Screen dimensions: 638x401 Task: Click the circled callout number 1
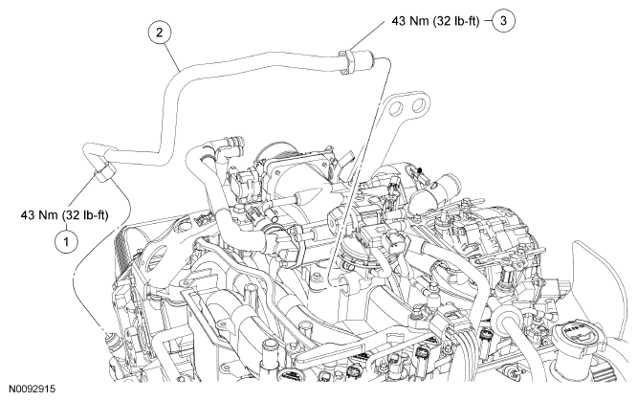[x=66, y=242]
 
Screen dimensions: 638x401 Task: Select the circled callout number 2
[x=159, y=33]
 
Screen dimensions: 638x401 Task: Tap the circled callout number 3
[x=503, y=21]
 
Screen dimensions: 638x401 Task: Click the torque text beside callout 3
[x=435, y=21]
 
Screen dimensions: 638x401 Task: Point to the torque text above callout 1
[x=65, y=214]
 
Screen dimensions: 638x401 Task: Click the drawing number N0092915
[x=32, y=390]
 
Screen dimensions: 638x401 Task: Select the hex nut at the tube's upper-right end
[x=347, y=62]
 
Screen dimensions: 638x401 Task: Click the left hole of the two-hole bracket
[x=396, y=108]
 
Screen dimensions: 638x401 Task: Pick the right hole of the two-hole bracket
[x=418, y=105]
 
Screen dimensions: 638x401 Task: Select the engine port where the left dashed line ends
[x=111, y=338]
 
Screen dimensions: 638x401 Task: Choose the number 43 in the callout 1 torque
[x=28, y=214]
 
